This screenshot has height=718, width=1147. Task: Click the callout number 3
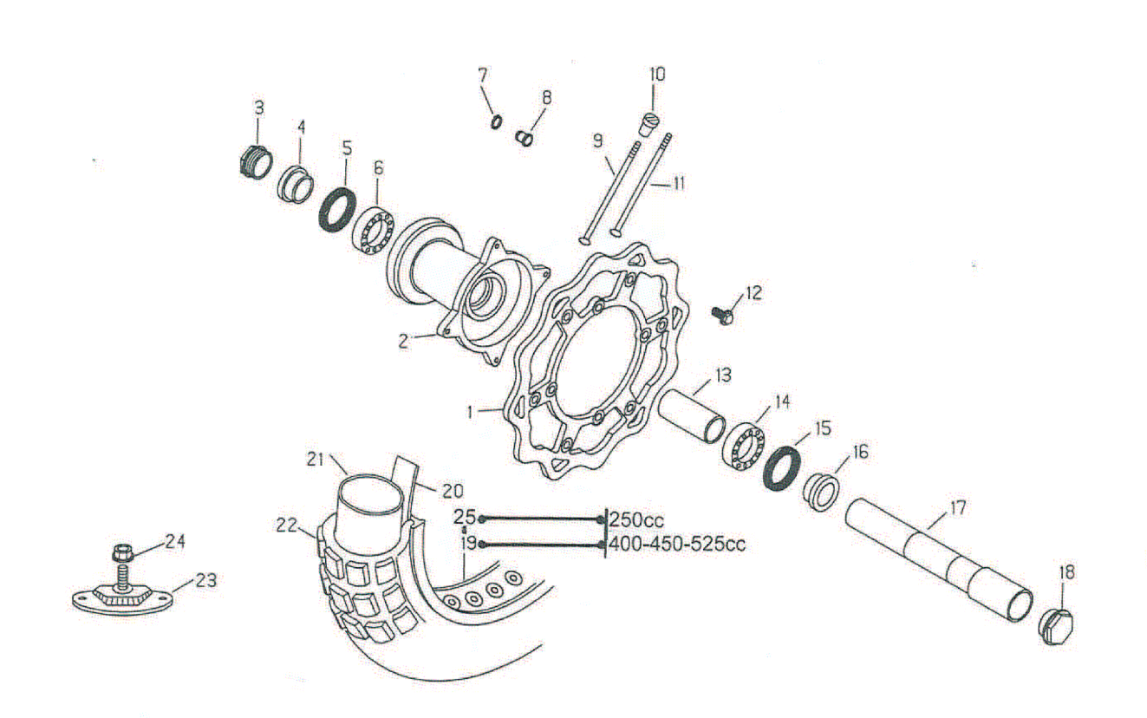click(x=258, y=108)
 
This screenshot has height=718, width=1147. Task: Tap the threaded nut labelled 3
click(x=254, y=160)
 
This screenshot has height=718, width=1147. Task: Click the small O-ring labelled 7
click(x=495, y=121)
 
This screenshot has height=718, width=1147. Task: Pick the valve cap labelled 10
click(x=649, y=124)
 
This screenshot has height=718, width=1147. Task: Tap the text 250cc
click(x=636, y=520)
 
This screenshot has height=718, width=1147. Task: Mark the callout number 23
click(x=205, y=580)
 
